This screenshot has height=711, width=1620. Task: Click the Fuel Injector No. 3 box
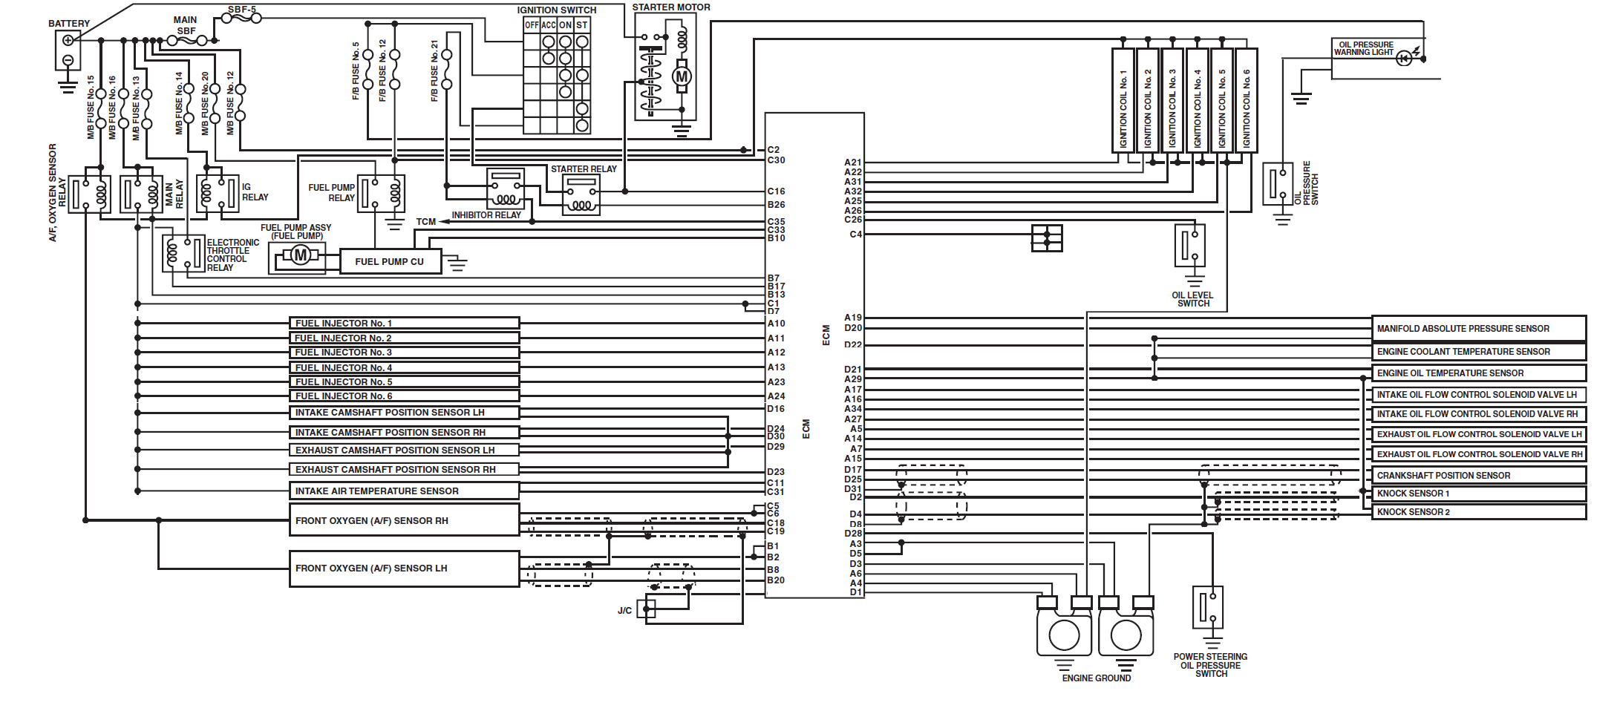click(404, 353)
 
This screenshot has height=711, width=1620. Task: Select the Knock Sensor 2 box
click(1477, 512)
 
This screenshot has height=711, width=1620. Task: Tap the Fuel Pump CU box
click(390, 261)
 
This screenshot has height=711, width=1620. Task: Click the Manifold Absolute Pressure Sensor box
click(1477, 328)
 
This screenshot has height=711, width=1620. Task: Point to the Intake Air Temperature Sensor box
click(404, 491)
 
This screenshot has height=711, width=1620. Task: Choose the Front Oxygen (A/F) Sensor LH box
click(404, 569)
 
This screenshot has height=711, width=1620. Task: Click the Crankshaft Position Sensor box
click(1477, 475)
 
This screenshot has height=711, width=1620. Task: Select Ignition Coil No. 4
click(1197, 100)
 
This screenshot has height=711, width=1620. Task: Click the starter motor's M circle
click(682, 76)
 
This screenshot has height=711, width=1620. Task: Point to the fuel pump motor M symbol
click(300, 256)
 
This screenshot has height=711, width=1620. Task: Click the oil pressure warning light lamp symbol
click(1403, 59)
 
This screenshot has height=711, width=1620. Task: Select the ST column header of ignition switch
click(582, 25)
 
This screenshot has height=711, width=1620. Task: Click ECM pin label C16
click(776, 191)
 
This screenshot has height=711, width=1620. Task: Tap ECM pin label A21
click(853, 163)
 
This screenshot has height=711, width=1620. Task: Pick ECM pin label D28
click(853, 534)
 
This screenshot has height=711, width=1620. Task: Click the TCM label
click(425, 222)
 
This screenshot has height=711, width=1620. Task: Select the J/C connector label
click(624, 611)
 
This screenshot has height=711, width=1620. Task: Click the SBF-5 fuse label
click(242, 10)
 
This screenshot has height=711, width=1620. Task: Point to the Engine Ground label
click(1096, 678)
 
